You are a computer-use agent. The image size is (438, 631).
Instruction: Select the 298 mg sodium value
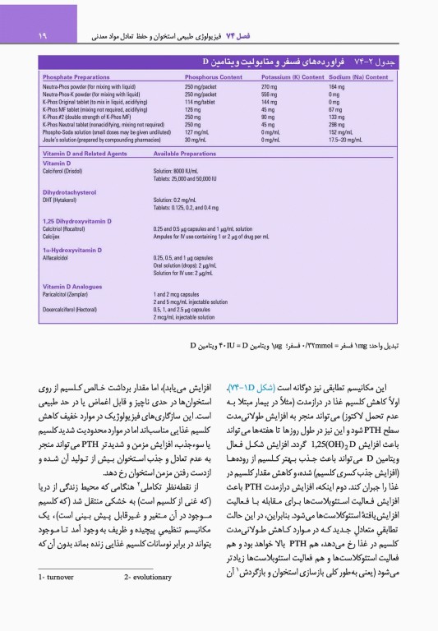click(336, 124)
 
